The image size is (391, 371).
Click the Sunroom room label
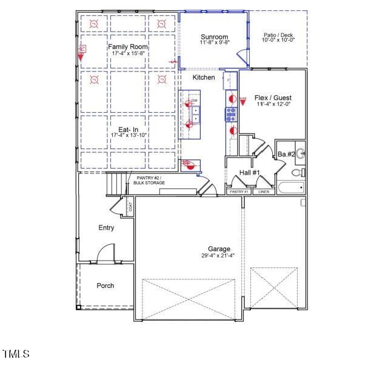tap(214, 37)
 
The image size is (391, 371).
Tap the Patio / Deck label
tap(278, 35)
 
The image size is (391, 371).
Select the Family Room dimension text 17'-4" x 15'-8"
tap(128, 54)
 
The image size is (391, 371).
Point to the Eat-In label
tap(128, 129)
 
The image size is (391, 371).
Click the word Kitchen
tap(204, 78)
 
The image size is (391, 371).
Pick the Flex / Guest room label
tap(273, 98)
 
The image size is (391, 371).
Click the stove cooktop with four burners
tap(231, 114)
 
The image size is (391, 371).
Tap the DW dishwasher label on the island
tap(195, 101)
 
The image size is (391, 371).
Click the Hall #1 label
tap(249, 173)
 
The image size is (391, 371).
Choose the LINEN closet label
tap(264, 192)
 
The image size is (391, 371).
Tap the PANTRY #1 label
tap(239, 192)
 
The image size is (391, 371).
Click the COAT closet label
tap(130, 206)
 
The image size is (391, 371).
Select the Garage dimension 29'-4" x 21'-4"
tap(219, 255)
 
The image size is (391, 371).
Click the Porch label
tap(105, 286)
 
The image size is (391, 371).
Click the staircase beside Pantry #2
tap(115, 183)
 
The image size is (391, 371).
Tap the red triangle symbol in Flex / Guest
tap(243, 102)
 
